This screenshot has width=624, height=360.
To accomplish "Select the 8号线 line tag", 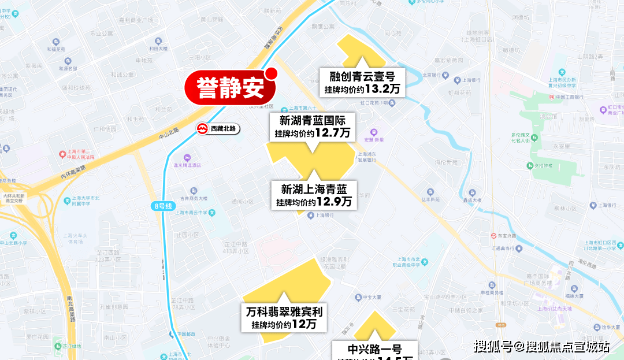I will (x=164, y=206).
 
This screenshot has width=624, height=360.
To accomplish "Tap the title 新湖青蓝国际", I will (x=313, y=121).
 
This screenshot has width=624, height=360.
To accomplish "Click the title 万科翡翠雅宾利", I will (x=284, y=312).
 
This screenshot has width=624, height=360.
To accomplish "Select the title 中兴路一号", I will (x=374, y=348).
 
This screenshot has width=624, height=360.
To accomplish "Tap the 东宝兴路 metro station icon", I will (x=486, y=236).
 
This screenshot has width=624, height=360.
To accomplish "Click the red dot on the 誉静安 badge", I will (x=271, y=73).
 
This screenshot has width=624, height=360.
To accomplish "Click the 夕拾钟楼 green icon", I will (x=530, y=166).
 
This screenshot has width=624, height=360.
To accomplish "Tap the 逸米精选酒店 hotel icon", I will (x=187, y=158).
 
